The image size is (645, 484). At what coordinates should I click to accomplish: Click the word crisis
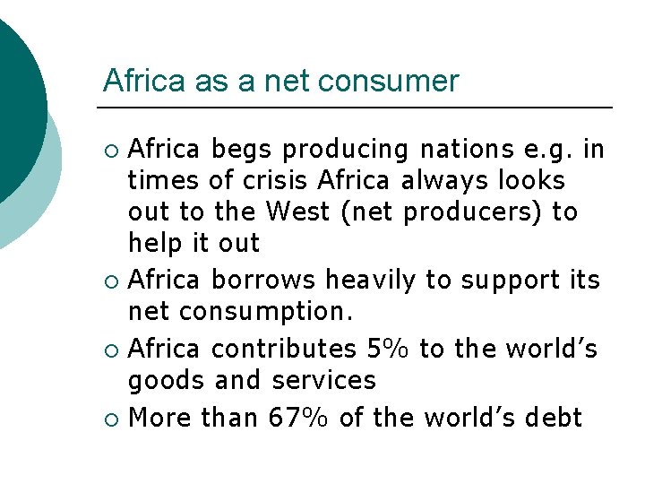(273, 181)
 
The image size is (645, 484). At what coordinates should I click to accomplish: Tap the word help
(158, 244)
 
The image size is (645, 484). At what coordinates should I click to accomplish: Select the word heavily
(370, 281)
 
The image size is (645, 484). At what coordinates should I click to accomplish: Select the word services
(326, 380)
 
